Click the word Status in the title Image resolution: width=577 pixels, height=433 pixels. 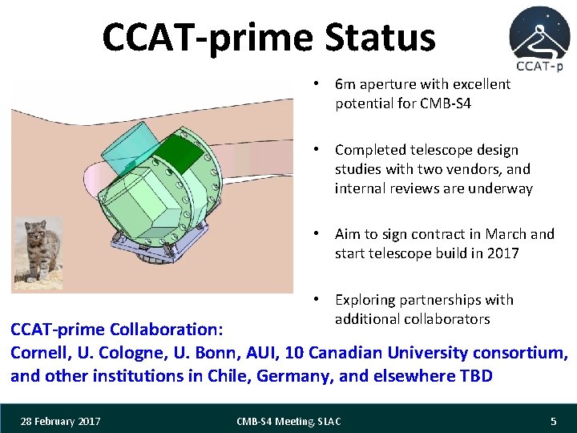coord(380,38)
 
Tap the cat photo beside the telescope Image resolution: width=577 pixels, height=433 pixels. coord(40,250)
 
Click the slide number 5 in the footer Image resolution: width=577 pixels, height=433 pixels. coord(553,421)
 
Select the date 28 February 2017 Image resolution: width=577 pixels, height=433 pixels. coord(62,421)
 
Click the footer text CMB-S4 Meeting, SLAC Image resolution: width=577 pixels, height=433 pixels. coord(288,421)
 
